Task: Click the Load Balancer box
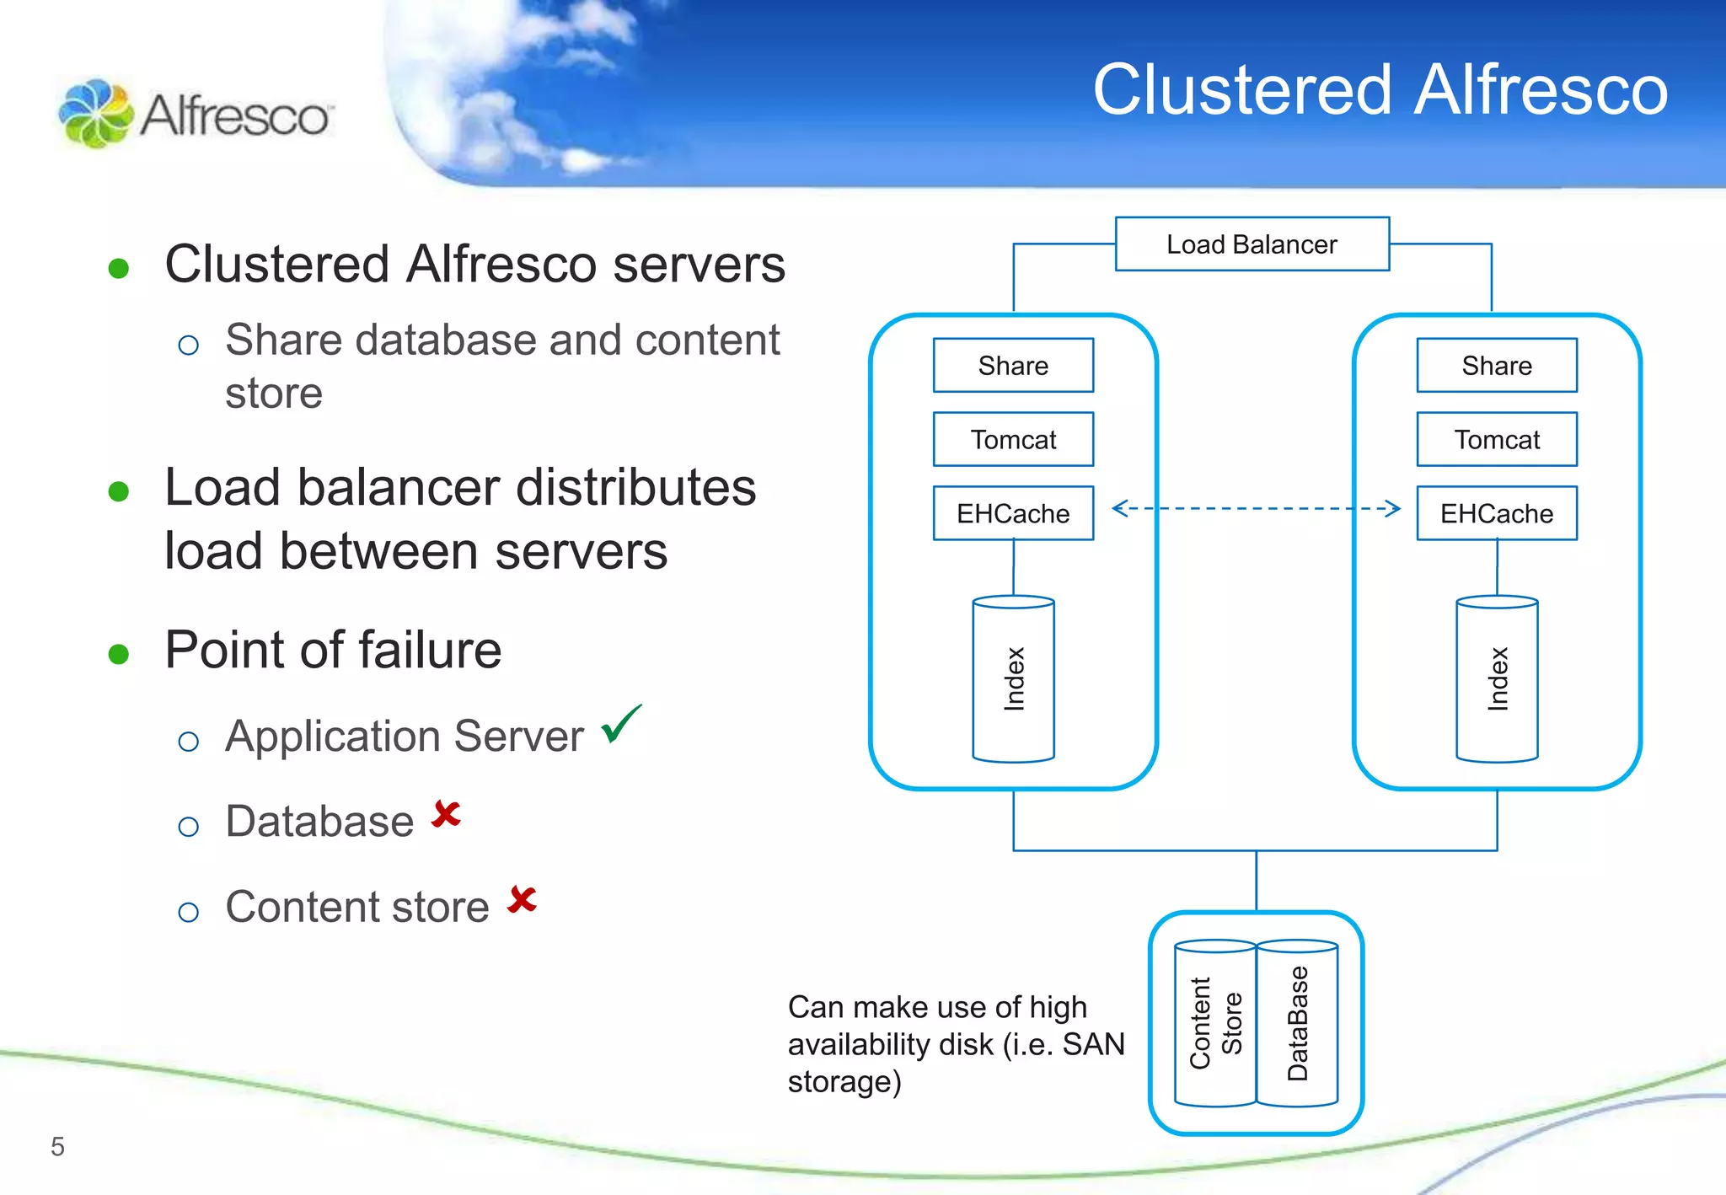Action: pos(1252,244)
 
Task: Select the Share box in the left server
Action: pos(1013,366)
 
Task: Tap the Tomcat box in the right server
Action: pos(1497,439)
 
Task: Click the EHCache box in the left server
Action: pos(1013,513)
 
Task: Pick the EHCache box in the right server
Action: pos(1497,513)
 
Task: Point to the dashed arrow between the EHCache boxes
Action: pos(1256,508)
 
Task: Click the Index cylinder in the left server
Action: pos(1013,679)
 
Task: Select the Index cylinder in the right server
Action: pos(1497,679)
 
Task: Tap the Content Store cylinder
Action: pos(1214,1023)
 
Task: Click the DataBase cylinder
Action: pos(1297,1023)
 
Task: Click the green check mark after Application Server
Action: pos(621,724)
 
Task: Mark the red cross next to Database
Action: pos(446,814)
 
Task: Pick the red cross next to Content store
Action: pos(522,899)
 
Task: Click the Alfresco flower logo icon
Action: pos(95,114)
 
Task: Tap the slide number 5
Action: pos(57,1146)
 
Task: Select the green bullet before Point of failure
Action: pos(119,654)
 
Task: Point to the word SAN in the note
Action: pos(1093,1044)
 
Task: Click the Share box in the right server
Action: pos(1497,366)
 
